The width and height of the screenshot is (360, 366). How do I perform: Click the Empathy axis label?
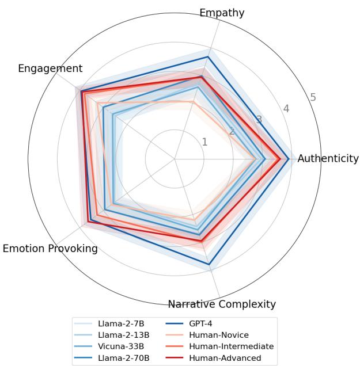(222, 13)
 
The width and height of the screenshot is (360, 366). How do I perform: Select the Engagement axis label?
(50, 68)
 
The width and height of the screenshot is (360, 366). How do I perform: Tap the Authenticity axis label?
(328, 159)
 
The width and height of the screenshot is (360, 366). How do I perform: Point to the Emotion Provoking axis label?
(50, 249)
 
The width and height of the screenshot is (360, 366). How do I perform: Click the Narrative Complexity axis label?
(222, 304)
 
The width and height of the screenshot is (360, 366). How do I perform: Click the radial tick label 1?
(204, 142)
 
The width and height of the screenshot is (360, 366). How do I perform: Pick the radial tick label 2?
(232, 131)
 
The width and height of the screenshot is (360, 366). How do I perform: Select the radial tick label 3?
(259, 120)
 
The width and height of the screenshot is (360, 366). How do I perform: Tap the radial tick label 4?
(286, 108)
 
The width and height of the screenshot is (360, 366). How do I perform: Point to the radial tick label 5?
(313, 97)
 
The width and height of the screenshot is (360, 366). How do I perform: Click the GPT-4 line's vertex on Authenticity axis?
(288, 158)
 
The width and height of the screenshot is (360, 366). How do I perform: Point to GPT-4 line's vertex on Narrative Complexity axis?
(209, 265)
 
